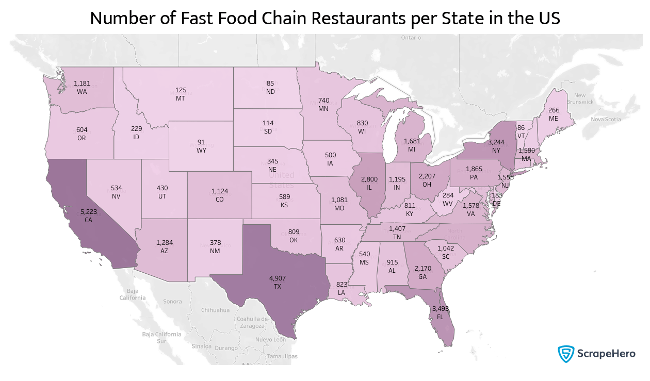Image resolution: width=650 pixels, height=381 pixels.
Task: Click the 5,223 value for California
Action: tap(92, 211)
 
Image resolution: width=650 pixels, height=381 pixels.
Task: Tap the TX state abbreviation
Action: tap(278, 286)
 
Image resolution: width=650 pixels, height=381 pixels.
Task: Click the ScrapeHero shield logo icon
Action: tap(566, 354)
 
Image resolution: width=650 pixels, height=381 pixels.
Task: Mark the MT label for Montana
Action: tap(181, 98)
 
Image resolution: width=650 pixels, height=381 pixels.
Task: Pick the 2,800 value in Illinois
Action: tap(369, 179)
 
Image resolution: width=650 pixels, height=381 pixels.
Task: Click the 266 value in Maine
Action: tap(554, 110)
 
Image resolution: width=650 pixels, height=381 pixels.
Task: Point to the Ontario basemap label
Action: tap(411, 38)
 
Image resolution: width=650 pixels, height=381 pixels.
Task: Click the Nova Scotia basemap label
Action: tap(606, 119)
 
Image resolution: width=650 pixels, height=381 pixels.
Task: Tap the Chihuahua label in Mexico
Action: tap(215, 310)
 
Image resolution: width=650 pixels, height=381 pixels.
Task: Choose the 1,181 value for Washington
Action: tap(82, 83)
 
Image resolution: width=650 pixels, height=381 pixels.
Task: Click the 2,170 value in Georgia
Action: tap(423, 268)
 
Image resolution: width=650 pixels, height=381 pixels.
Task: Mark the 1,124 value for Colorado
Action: tap(220, 191)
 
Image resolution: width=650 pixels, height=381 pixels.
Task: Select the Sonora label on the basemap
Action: tap(172, 301)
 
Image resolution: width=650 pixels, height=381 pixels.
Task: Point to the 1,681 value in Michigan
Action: tap(413, 141)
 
